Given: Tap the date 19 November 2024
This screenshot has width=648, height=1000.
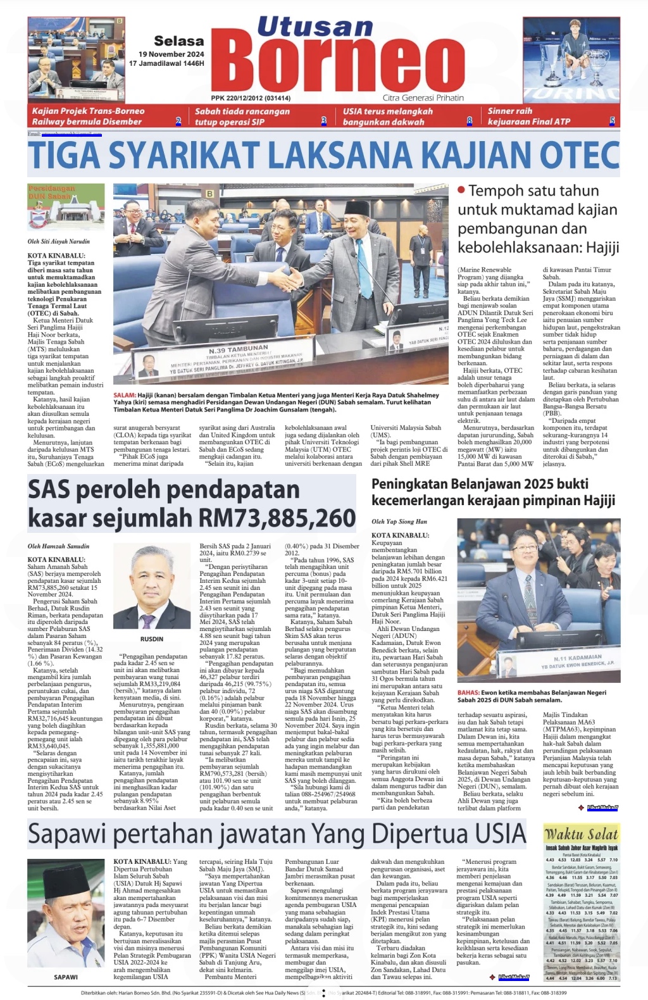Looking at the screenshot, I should click(171, 54).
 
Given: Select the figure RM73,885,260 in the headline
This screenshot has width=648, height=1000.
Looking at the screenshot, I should click(277, 518).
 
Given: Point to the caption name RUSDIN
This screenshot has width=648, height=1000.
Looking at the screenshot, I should click(152, 639).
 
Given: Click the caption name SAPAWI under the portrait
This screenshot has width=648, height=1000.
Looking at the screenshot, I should click(66, 977).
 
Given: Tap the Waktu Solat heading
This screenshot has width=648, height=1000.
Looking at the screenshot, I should click(581, 834).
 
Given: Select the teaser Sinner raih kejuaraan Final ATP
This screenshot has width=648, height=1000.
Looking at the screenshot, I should click(529, 116).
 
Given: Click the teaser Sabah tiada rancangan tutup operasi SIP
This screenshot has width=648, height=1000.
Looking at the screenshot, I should click(242, 116).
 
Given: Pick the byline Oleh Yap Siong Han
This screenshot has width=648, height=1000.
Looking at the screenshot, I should click(399, 522).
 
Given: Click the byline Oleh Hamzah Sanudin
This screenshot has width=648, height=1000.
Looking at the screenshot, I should click(58, 546).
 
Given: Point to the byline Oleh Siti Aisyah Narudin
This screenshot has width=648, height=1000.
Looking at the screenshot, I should click(58, 242).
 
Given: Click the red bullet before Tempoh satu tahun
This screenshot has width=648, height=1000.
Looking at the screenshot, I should click(462, 190).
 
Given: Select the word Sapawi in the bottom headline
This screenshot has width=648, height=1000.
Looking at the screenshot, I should click(68, 834).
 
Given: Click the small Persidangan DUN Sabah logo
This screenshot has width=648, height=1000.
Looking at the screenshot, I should click(66, 206).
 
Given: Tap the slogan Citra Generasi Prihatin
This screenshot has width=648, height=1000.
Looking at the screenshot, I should click(423, 98).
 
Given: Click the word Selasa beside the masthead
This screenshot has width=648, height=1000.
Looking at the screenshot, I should click(179, 41).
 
